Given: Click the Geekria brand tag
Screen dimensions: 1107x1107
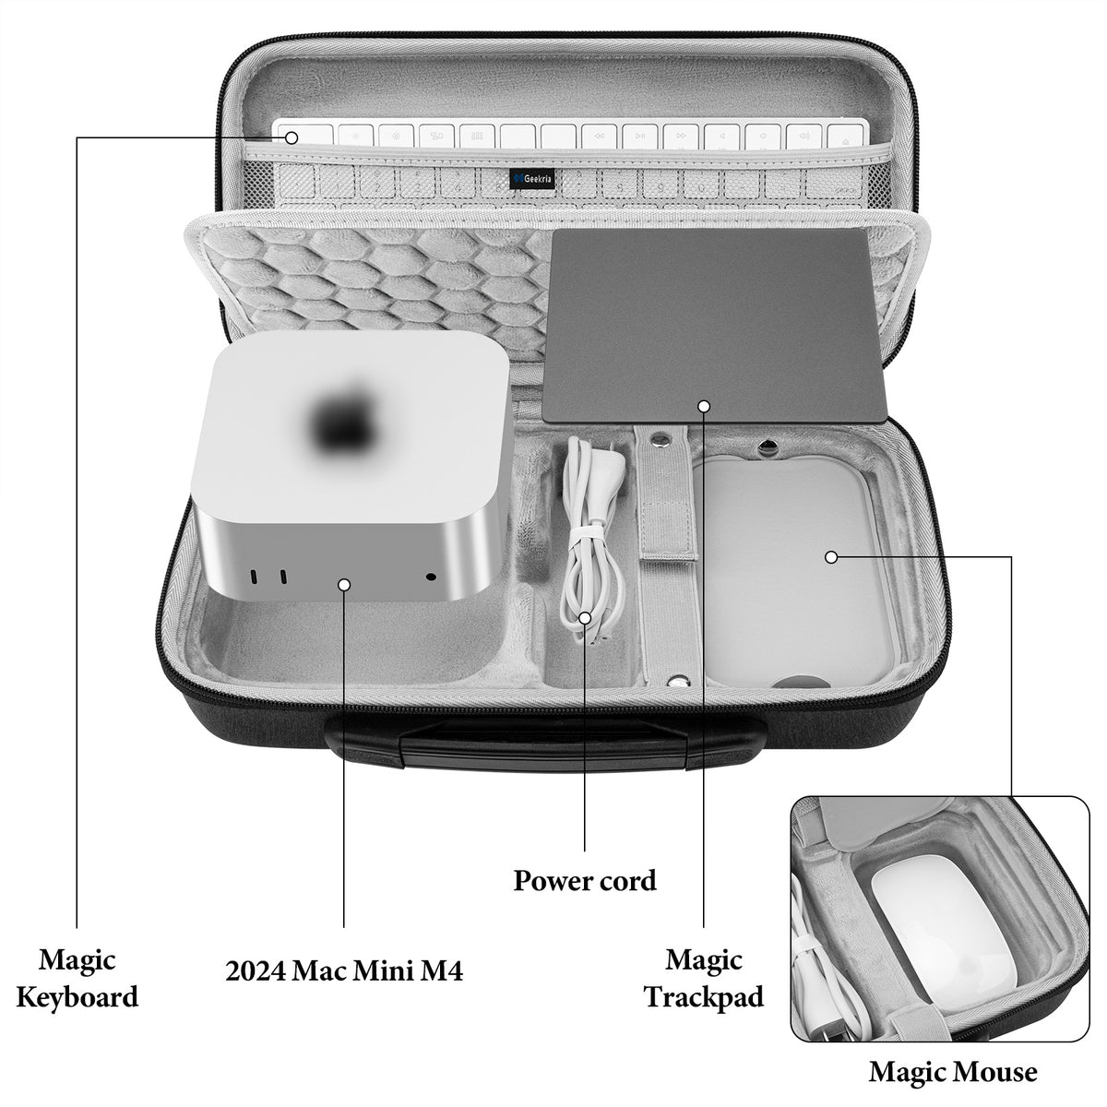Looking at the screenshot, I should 534,177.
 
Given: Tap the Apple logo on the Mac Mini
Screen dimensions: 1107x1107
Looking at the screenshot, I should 347,415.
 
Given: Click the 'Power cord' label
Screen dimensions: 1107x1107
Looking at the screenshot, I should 585,880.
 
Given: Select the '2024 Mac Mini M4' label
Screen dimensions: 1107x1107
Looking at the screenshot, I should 344,970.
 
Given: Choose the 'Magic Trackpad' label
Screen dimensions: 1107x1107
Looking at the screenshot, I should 704,978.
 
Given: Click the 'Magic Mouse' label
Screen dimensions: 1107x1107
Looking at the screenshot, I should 953,1072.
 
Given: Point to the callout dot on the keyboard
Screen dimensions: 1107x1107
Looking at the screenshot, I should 292,138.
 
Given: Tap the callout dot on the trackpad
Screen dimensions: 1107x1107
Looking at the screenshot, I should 704,405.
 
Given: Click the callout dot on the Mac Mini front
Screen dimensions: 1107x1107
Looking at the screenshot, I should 344,583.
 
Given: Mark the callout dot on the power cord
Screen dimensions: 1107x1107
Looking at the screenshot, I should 585,617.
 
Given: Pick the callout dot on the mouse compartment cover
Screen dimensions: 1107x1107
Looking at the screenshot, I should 830,556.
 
